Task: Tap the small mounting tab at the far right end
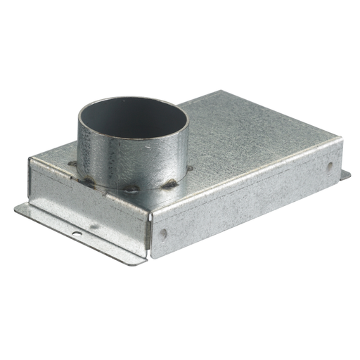[x=345, y=174]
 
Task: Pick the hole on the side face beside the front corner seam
[x=163, y=233]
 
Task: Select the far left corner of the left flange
[x=15, y=207]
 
